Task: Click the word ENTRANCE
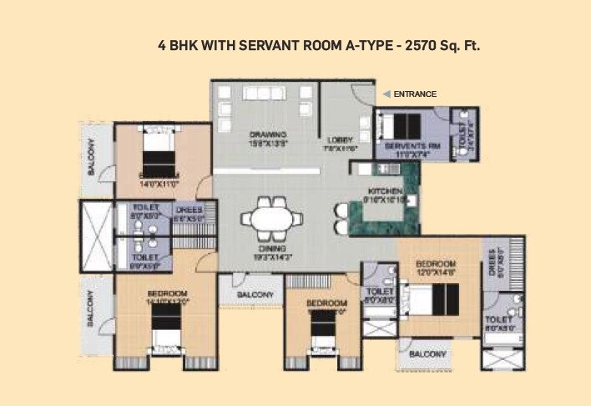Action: pyautogui.click(x=415, y=94)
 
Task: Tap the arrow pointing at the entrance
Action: pyautogui.click(x=386, y=94)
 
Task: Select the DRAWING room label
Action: pyautogui.click(x=267, y=134)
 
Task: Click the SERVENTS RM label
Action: pyautogui.click(x=407, y=145)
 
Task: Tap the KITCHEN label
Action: pyautogui.click(x=385, y=191)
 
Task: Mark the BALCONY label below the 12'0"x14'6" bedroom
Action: pyautogui.click(x=427, y=353)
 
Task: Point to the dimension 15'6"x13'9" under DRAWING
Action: pyautogui.click(x=267, y=143)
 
